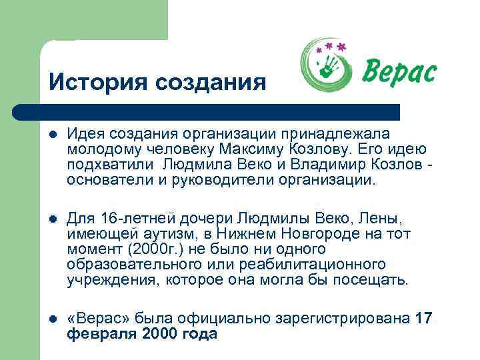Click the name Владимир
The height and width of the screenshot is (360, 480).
tap(314, 165)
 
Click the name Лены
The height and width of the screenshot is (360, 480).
tap(382, 219)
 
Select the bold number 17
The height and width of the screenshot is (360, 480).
tap(423, 319)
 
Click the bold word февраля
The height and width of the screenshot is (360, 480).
tap(102, 334)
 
